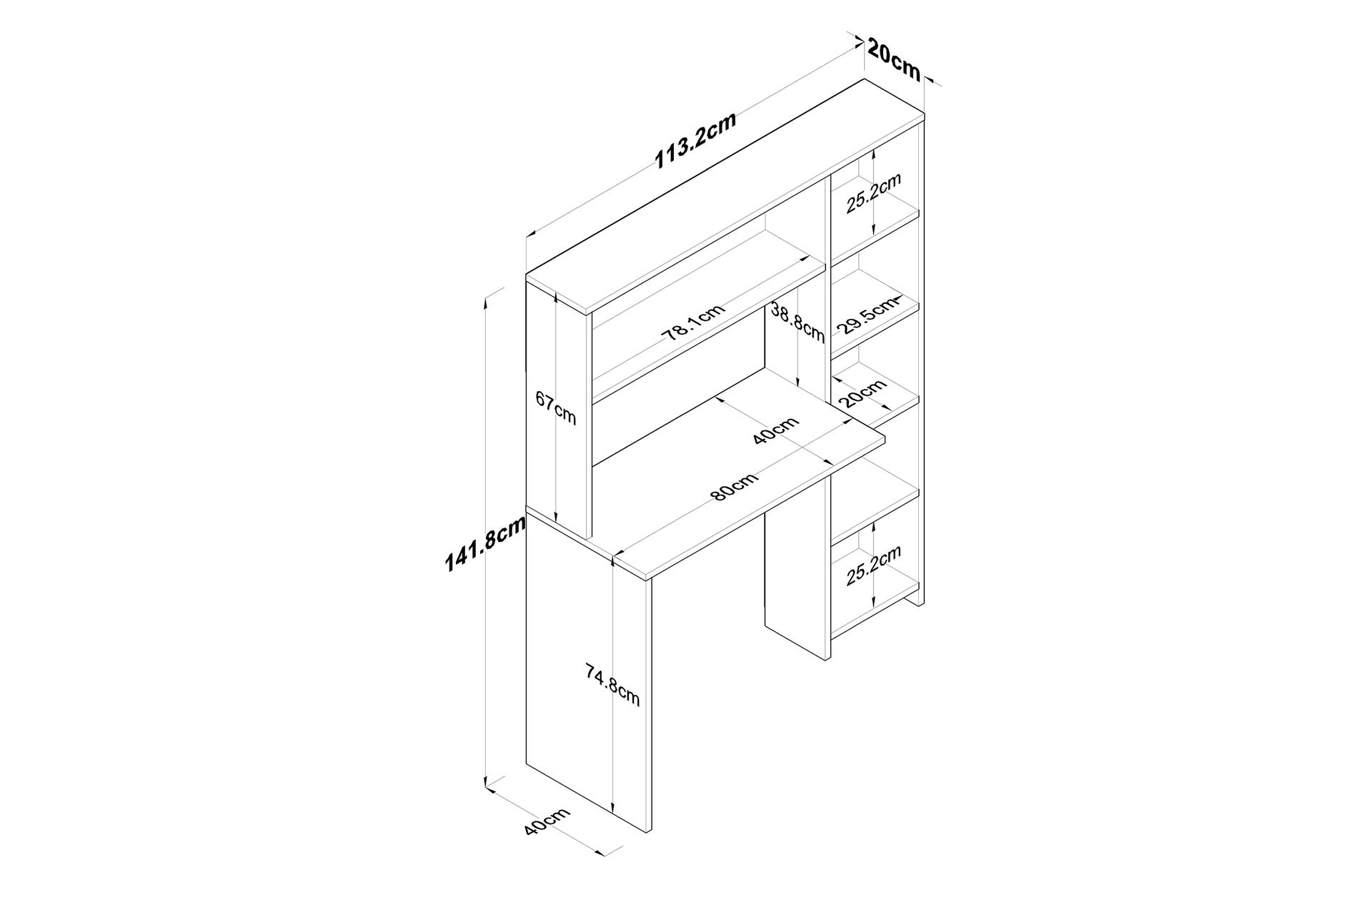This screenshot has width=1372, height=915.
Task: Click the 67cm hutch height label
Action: (x=555, y=409)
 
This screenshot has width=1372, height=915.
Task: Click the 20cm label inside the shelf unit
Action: (x=863, y=393)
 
